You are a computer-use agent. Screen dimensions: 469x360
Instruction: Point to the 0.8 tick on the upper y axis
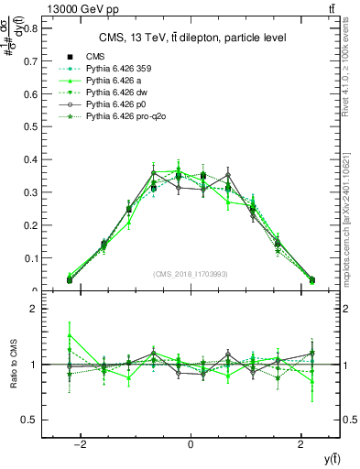tap(30, 27)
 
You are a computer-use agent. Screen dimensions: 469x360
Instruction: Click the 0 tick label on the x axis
tap(191, 444)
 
